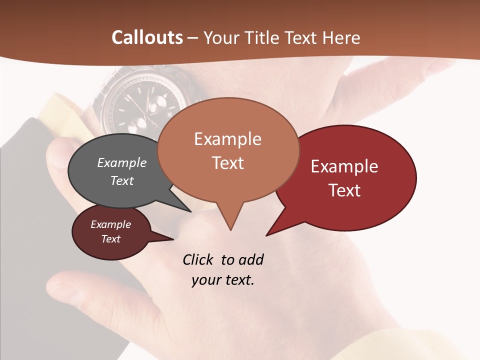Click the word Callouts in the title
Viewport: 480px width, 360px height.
[x=147, y=37]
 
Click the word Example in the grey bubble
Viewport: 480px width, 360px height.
[x=121, y=162]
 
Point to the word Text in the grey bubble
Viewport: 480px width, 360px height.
[x=121, y=180]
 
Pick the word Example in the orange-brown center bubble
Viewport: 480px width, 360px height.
[x=227, y=139]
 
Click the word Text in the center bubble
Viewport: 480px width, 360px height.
[x=227, y=163]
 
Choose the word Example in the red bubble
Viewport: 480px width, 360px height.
[x=344, y=166]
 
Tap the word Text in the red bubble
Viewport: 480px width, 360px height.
[x=344, y=190]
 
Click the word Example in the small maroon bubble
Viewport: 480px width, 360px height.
[x=110, y=224]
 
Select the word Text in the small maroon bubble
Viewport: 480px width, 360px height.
[x=110, y=239]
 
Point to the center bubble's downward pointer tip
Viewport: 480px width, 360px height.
[x=230, y=229]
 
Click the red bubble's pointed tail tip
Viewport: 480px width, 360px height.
[x=267, y=235]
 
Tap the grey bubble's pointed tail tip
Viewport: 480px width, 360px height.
[x=190, y=211]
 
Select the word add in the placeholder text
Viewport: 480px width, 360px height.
[x=251, y=259]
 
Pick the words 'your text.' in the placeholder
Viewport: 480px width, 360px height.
[x=223, y=280]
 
